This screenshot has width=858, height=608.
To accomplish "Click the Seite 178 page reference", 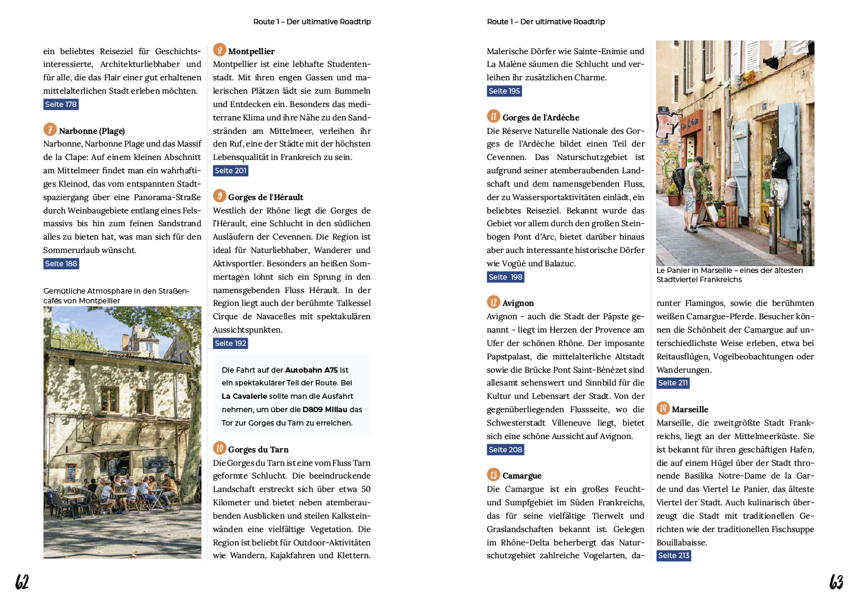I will tap(61, 105).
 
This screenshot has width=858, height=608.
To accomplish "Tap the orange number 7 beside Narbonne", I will tap(50, 130).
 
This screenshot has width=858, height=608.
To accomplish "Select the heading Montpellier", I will tap(251, 52).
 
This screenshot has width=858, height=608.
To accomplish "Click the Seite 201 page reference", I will tap(231, 171).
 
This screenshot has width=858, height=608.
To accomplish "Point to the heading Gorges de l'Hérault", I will tap(265, 198).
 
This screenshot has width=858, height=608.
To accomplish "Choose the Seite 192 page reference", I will tap(231, 344).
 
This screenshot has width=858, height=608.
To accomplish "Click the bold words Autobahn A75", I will tap(312, 370).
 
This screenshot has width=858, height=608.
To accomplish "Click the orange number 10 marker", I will tap(220, 449).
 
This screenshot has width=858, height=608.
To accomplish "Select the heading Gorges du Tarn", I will tap(258, 450).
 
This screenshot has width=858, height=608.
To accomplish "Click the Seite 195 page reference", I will tap(504, 91).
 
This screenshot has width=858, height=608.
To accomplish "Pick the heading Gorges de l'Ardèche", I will tap(540, 118).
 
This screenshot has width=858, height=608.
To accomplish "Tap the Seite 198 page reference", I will tap(505, 277).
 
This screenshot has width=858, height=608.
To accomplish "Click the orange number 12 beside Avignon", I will tap(494, 302).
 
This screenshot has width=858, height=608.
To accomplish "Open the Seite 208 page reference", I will tap(505, 450).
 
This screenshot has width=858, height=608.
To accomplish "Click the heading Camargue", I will tap(521, 476).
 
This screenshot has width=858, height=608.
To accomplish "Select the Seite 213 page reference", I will tap(674, 556).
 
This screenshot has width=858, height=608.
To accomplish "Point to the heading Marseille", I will tap(689, 410).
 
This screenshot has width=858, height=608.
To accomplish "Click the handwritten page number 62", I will tap(22, 582).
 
